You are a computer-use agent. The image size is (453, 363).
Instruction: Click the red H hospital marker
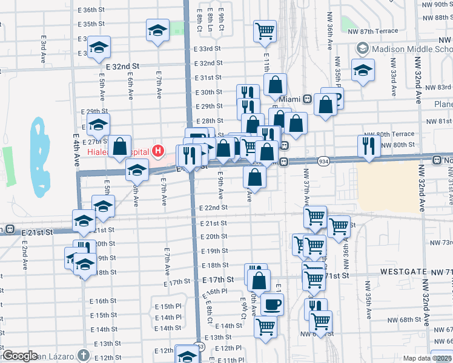coord(158,150)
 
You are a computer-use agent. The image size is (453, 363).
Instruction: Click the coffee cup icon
coord(273,304)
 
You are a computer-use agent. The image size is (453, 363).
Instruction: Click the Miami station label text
coord(291,99)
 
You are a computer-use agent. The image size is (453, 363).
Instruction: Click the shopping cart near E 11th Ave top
coord(265,30)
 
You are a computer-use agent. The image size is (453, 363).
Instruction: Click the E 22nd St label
coord(213,208)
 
